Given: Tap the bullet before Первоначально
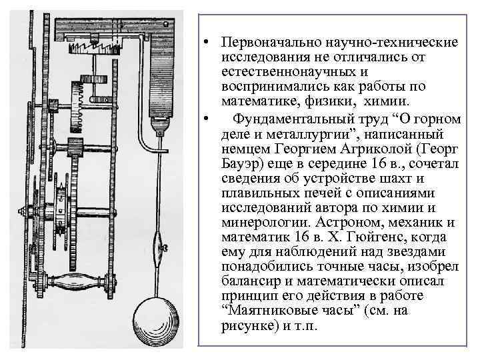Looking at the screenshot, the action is pos(208,43).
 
